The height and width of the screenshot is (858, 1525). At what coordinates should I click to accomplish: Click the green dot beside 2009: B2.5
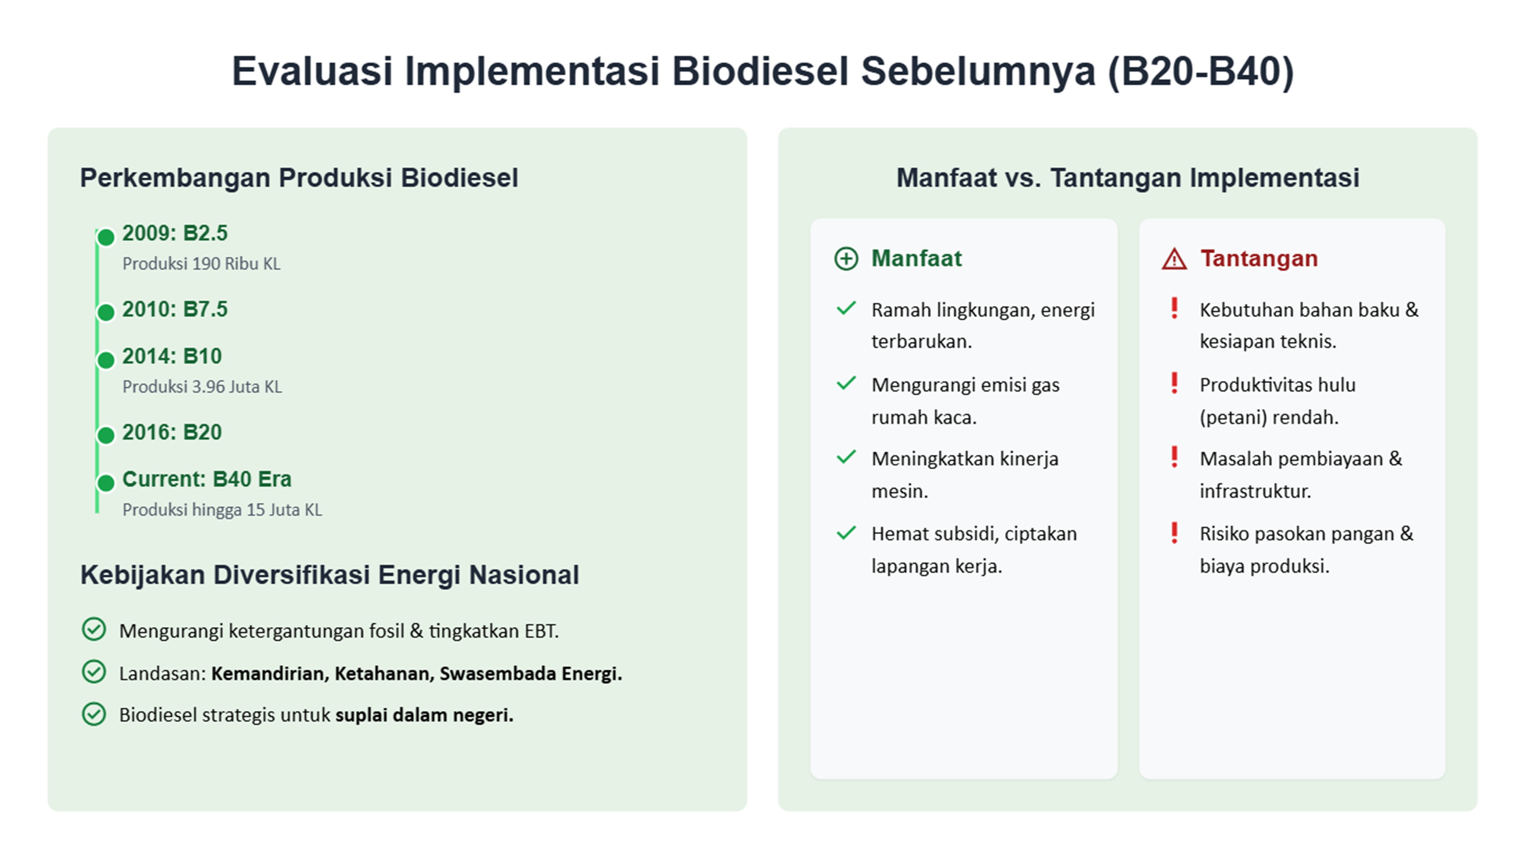tap(105, 238)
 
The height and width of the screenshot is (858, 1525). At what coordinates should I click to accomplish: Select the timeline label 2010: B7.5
tap(175, 309)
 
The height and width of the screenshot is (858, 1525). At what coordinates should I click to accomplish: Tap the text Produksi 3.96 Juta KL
tap(202, 387)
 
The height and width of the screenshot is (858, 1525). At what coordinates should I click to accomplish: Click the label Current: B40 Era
tap(207, 479)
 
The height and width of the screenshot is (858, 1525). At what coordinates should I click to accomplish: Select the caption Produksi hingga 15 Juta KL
tap(222, 510)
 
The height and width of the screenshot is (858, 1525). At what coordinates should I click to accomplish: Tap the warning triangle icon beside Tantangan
tap(1174, 259)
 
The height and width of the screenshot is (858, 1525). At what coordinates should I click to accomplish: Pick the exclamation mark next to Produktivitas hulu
tap(1174, 383)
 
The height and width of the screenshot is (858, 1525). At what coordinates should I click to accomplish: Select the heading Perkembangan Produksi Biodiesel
tap(299, 178)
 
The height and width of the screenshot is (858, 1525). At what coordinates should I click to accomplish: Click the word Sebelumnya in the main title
tap(978, 71)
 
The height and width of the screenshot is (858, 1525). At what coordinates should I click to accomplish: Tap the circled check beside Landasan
tap(93, 672)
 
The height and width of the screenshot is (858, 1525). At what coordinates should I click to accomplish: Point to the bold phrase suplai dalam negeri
tap(424, 715)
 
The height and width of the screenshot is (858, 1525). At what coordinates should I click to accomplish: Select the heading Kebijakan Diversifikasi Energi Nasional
tap(329, 575)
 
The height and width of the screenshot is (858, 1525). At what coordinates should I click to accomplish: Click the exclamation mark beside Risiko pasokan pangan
tap(1174, 532)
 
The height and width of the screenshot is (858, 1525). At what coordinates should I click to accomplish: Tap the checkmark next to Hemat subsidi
tap(846, 533)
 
